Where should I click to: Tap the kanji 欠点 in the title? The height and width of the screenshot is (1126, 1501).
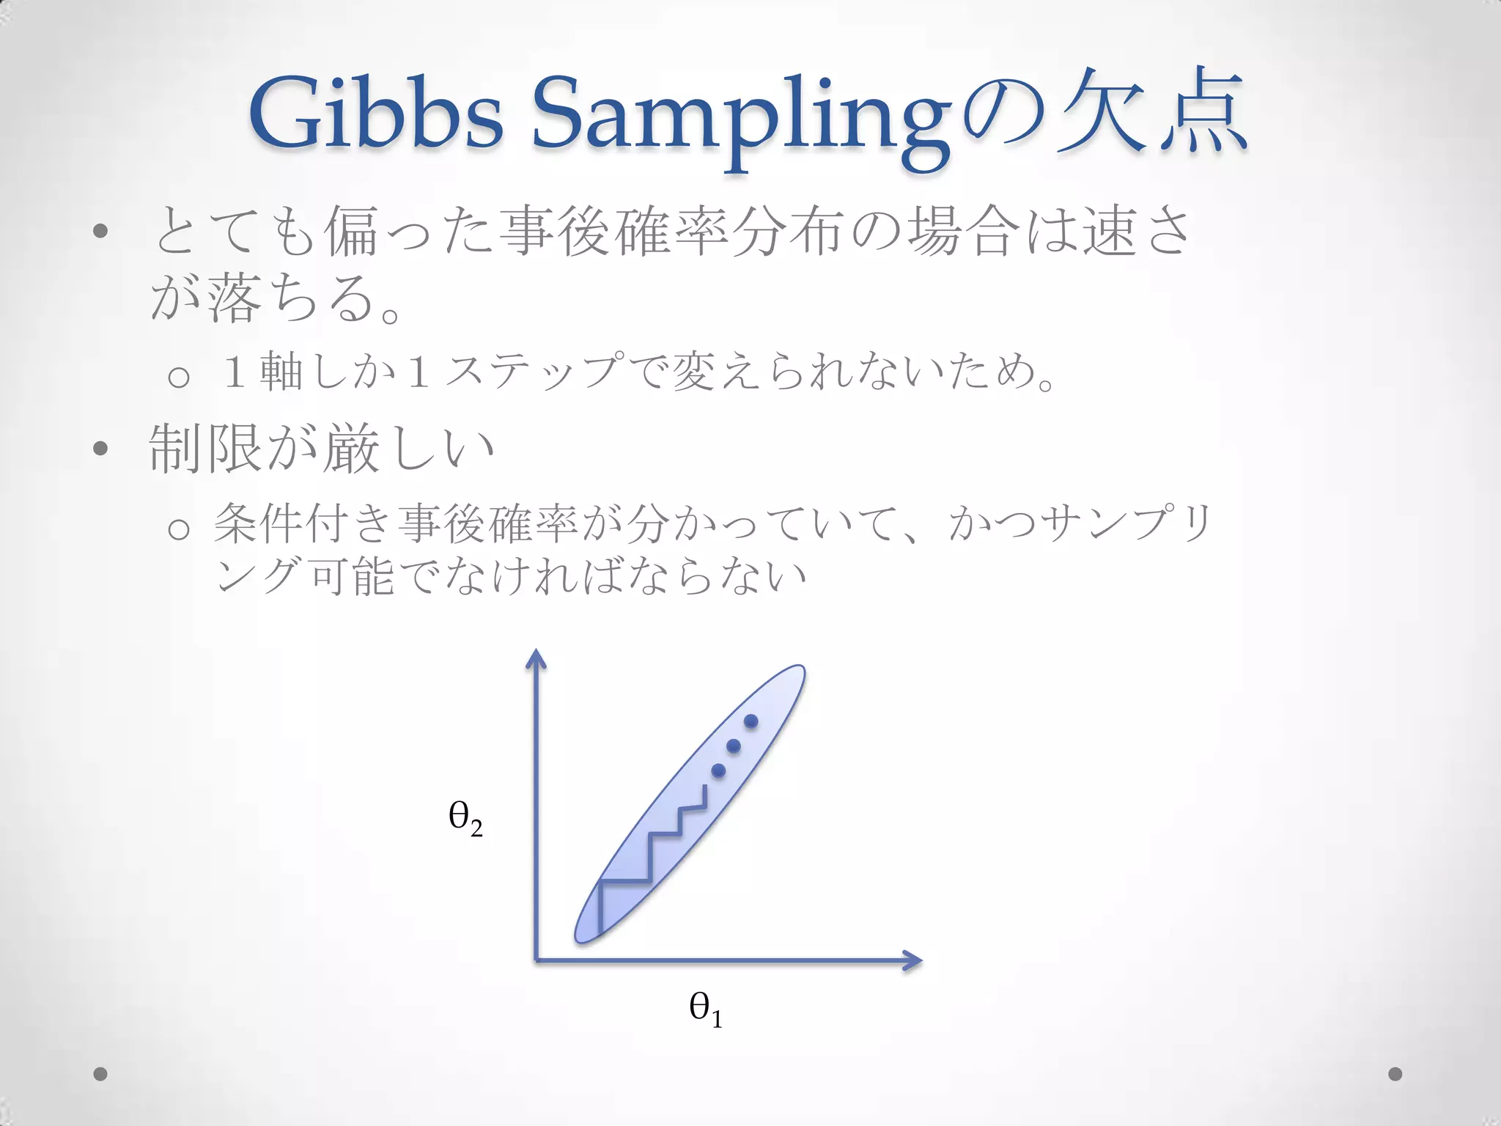tap(1151, 114)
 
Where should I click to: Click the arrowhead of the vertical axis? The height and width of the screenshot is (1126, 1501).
tap(536, 658)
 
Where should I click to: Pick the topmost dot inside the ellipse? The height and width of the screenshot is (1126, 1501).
tap(750, 721)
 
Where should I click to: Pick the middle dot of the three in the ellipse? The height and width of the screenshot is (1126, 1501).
tap(734, 746)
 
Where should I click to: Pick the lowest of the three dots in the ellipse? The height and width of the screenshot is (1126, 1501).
tap(718, 770)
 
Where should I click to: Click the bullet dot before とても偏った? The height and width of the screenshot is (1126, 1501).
tap(100, 232)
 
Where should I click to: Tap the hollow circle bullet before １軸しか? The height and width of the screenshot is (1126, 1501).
tap(179, 378)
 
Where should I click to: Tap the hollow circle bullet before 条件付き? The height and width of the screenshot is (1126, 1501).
tap(179, 529)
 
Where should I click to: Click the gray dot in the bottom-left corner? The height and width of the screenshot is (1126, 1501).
tap(100, 1074)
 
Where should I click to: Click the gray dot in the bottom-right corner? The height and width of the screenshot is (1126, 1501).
tap(1395, 1074)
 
